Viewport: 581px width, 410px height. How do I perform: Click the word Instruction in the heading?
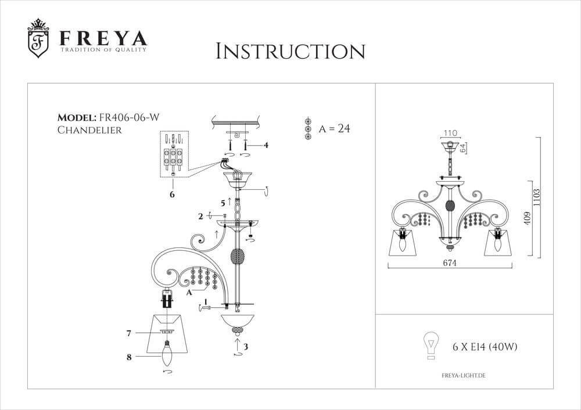290,51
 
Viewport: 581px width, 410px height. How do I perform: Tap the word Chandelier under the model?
89,130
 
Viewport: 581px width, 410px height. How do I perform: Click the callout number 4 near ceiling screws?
266,145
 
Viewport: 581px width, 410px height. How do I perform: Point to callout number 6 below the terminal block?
172,195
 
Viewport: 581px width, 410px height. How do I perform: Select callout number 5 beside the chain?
223,203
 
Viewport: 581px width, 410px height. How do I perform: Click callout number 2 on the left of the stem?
200,216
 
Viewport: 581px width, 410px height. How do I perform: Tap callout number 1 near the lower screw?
205,303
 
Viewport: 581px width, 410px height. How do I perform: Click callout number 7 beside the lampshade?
129,333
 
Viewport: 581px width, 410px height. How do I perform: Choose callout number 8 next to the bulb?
129,357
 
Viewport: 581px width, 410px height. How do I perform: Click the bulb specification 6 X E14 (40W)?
485,347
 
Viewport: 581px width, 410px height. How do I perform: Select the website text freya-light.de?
460,376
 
